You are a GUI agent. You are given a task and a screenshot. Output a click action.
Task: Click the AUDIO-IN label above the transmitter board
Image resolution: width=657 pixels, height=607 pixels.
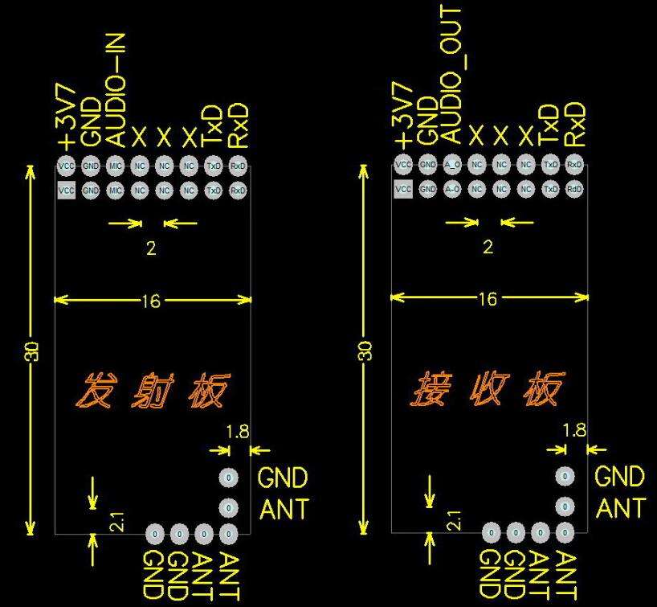point(116,89)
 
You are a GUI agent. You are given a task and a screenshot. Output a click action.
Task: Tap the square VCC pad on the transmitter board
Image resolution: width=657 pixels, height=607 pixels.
point(67,191)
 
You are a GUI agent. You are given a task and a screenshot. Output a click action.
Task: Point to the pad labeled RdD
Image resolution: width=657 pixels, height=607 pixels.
point(574,190)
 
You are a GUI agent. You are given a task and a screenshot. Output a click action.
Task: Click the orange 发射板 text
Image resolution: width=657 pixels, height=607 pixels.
point(153,391)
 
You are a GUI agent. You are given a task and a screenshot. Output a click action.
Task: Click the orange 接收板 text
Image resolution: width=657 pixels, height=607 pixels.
point(490,391)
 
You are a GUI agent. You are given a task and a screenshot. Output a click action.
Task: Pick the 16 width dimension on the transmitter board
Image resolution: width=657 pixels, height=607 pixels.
point(151,301)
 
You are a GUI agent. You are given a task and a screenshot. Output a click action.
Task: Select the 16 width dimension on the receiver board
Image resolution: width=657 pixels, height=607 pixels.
point(488,299)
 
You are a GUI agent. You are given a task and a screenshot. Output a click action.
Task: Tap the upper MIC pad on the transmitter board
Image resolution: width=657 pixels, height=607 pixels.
point(115,166)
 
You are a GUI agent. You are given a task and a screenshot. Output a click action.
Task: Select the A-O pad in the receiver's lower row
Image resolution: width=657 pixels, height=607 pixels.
point(452,190)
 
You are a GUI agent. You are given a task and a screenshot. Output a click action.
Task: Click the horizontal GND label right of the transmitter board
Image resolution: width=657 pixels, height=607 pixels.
point(283,479)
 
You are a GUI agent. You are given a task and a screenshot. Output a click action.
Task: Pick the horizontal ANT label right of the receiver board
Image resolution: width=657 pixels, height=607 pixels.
point(620,508)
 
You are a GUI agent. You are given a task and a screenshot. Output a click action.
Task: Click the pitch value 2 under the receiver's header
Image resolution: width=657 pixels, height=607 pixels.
point(488,248)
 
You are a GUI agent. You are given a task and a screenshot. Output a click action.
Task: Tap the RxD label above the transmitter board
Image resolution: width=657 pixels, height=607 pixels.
point(238,125)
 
